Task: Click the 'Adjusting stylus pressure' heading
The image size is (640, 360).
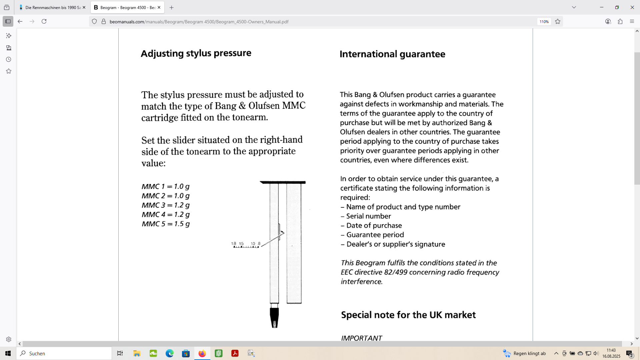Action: click(196, 53)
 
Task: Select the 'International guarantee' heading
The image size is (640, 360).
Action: click(392, 54)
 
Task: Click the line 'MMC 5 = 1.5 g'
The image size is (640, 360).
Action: click(166, 224)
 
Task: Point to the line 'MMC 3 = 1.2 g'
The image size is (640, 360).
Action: click(166, 205)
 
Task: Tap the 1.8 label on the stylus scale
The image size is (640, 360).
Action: click(234, 244)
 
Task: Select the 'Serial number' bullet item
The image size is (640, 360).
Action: click(368, 216)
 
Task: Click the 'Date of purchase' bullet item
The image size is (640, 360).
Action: click(374, 225)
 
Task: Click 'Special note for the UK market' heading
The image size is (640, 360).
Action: click(408, 315)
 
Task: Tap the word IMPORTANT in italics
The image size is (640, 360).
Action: click(361, 338)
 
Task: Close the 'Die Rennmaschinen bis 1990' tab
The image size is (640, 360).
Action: click(84, 7)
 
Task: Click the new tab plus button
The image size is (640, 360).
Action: click(172, 7)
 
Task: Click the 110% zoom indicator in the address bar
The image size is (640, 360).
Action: click(544, 22)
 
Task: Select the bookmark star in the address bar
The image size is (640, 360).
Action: click(558, 22)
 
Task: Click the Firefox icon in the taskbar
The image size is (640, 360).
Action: click(202, 353)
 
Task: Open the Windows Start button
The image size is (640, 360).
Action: click(8, 353)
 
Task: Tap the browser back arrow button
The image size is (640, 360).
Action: click(20, 22)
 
